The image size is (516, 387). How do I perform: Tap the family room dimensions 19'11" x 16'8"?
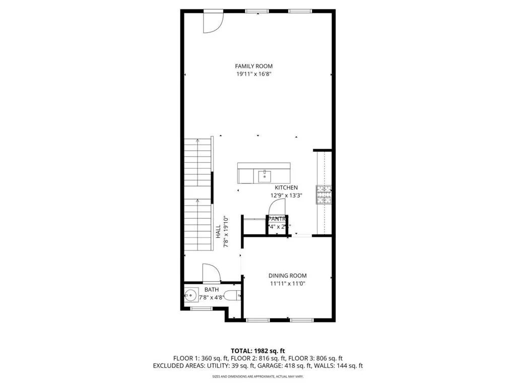pos(257,74)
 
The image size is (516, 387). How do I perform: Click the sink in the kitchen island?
pos(265,176)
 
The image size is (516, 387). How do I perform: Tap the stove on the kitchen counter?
pos(324,194)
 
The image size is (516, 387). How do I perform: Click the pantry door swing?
pos(277,208)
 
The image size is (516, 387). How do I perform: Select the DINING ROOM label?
pos(287,276)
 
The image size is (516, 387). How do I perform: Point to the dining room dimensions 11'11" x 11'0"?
pos(287,284)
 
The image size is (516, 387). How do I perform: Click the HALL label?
pos(218,232)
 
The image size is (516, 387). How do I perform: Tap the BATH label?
pos(211,290)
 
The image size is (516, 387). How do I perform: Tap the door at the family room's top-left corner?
pos(212,23)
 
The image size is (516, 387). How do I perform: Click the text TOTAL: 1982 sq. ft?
pos(257,351)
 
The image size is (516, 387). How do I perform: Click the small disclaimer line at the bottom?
pos(257,376)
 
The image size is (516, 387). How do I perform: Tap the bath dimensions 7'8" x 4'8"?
pos(211,298)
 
